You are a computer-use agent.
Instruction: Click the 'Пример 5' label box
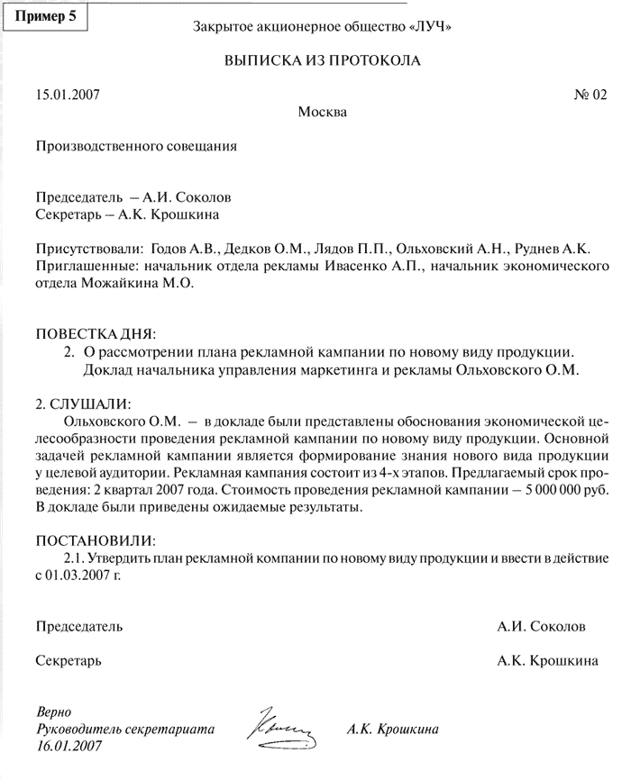[x=46, y=17]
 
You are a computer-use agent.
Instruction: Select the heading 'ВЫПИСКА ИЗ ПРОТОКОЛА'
[x=322, y=60]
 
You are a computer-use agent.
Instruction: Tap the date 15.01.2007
[x=68, y=95]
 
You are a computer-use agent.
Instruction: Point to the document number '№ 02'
[x=590, y=95]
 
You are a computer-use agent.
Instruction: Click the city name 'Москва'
[x=322, y=112]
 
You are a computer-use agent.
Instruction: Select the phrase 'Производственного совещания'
[x=136, y=145]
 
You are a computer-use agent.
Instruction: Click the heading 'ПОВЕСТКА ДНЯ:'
[x=96, y=333]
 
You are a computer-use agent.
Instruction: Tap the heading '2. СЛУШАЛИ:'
[x=82, y=401]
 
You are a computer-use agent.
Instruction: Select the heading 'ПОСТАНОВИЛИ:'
[x=95, y=541]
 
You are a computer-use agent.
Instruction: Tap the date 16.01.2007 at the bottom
[x=69, y=746]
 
